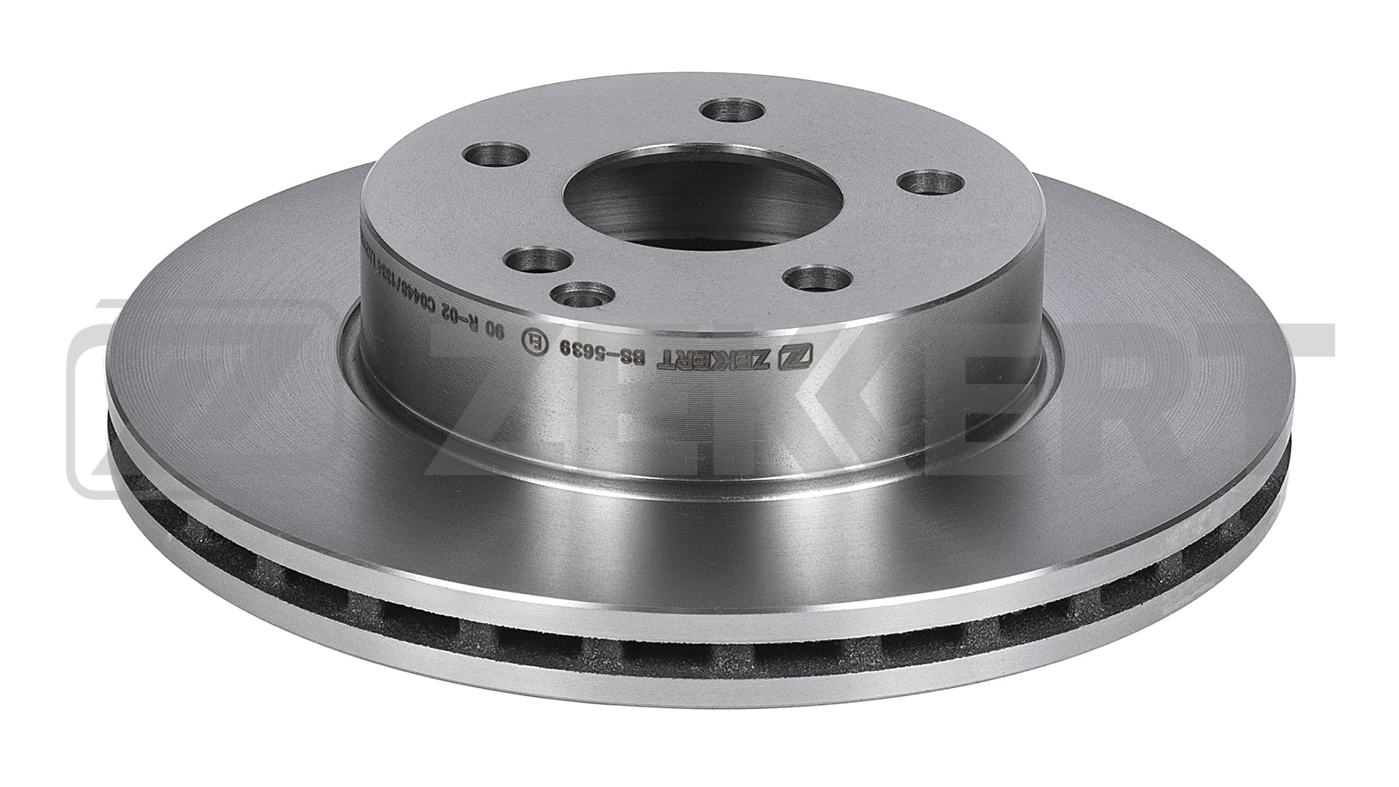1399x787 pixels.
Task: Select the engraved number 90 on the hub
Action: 495,332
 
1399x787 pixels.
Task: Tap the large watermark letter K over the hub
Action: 765,408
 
